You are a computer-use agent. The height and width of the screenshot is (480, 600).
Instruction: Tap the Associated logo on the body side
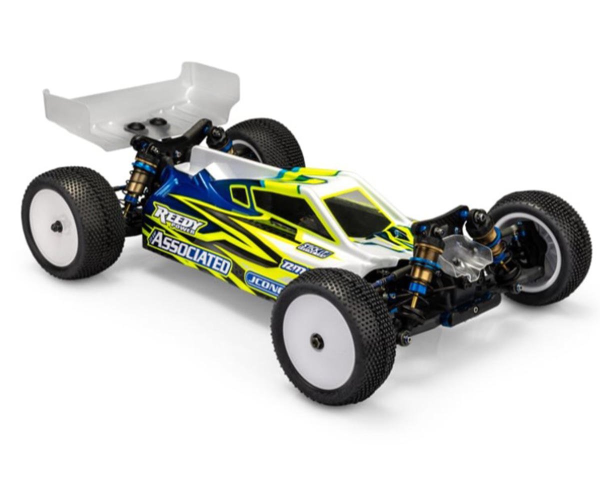click(190, 254)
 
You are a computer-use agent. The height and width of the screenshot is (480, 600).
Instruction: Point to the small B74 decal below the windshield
click(315, 248)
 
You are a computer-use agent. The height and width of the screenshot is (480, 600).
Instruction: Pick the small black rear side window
click(241, 195)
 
